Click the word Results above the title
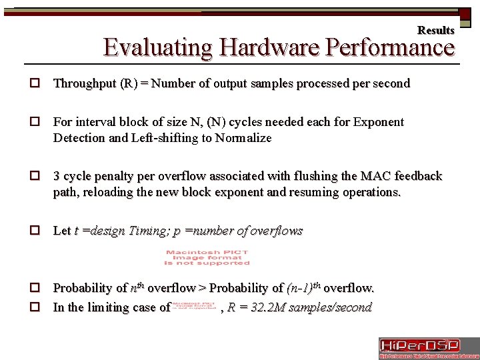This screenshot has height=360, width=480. [435, 30]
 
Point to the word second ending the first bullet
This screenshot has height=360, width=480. [392, 84]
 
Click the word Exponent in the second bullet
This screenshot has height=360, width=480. [378, 123]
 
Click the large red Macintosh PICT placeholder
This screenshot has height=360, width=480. [207, 257]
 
